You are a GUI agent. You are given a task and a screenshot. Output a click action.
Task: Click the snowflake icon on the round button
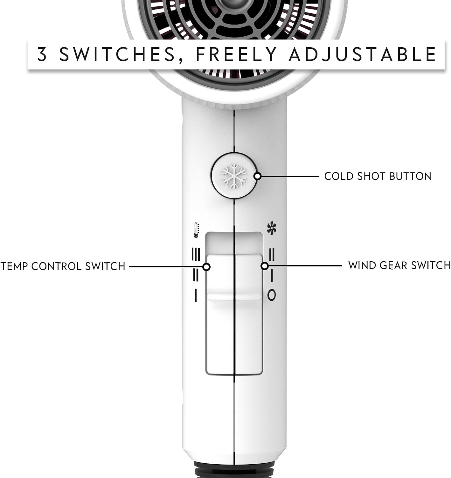234,176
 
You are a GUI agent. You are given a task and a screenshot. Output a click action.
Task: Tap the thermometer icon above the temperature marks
196,230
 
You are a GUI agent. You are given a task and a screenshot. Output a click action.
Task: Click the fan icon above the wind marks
271,228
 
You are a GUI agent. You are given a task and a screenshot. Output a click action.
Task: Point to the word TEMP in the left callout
14,266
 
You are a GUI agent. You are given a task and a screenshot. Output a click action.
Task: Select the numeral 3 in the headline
42,54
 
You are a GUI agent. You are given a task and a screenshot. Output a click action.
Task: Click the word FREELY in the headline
236,54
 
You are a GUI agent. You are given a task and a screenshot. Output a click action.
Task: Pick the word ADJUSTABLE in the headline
363,54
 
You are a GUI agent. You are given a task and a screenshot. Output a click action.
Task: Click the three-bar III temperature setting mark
196,254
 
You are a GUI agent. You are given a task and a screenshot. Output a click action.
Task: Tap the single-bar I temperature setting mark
196,295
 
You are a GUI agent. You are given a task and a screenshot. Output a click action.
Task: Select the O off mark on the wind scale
272,295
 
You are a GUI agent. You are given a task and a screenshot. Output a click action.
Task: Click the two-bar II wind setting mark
272,254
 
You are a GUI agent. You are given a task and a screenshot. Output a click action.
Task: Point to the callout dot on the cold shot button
258,176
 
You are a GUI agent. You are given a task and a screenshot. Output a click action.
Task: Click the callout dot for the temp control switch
206,267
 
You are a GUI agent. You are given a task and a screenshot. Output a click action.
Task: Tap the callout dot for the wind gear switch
265,266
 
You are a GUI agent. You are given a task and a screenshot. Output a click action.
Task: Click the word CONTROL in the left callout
57,266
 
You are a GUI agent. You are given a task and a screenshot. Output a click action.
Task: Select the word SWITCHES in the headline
117,54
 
